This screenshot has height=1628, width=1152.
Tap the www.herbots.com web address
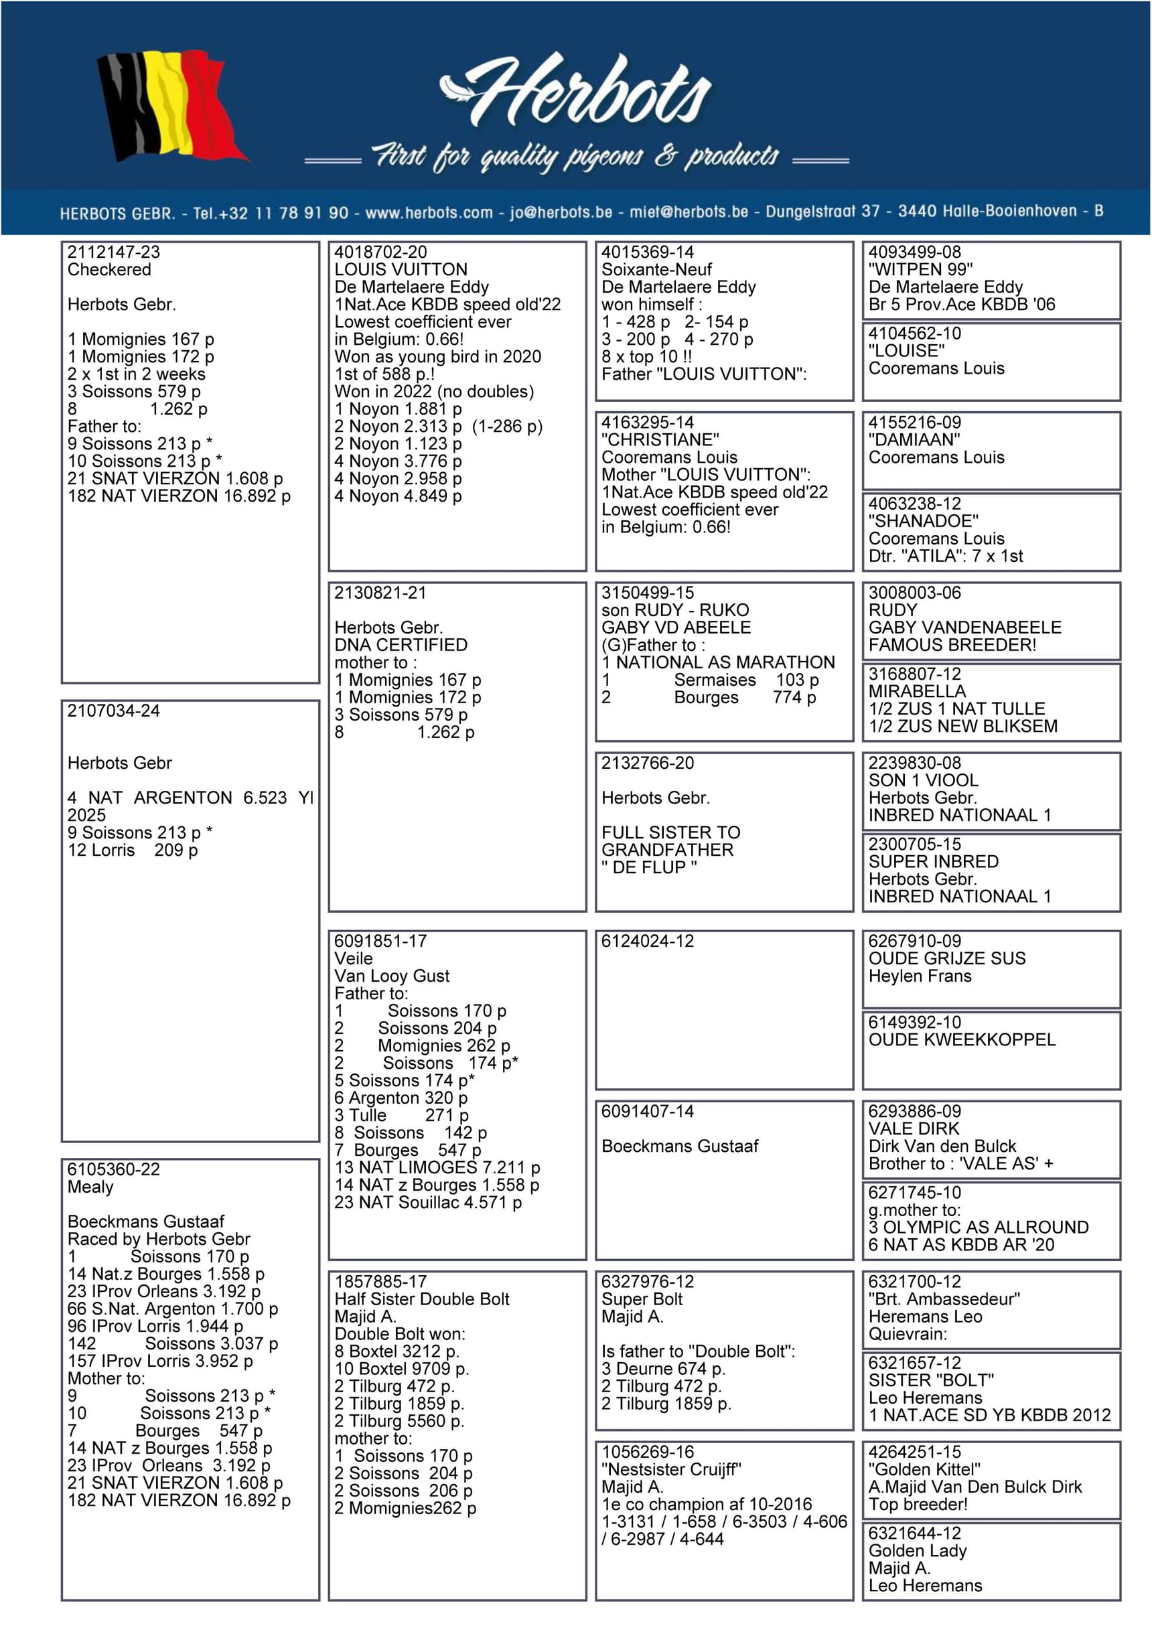[x=429, y=213]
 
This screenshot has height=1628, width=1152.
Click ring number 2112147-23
[x=113, y=252]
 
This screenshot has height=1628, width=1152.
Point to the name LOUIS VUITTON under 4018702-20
[x=401, y=269]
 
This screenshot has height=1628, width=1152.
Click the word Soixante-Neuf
[x=656, y=269]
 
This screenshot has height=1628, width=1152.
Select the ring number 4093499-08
[x=914, y=252]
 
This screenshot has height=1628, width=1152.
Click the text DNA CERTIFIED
[x=401, y=644]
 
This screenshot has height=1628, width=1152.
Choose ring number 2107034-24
[x=113, y=711]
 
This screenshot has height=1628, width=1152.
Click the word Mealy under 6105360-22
[x=90, y=1187]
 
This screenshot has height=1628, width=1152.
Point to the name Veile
[x=353, y=958]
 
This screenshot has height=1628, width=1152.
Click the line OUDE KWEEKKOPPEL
[x=961, y=1039]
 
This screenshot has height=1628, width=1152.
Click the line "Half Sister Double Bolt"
[x=421, y=1299]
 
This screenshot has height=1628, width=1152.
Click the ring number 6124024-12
[x=647, y=941]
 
